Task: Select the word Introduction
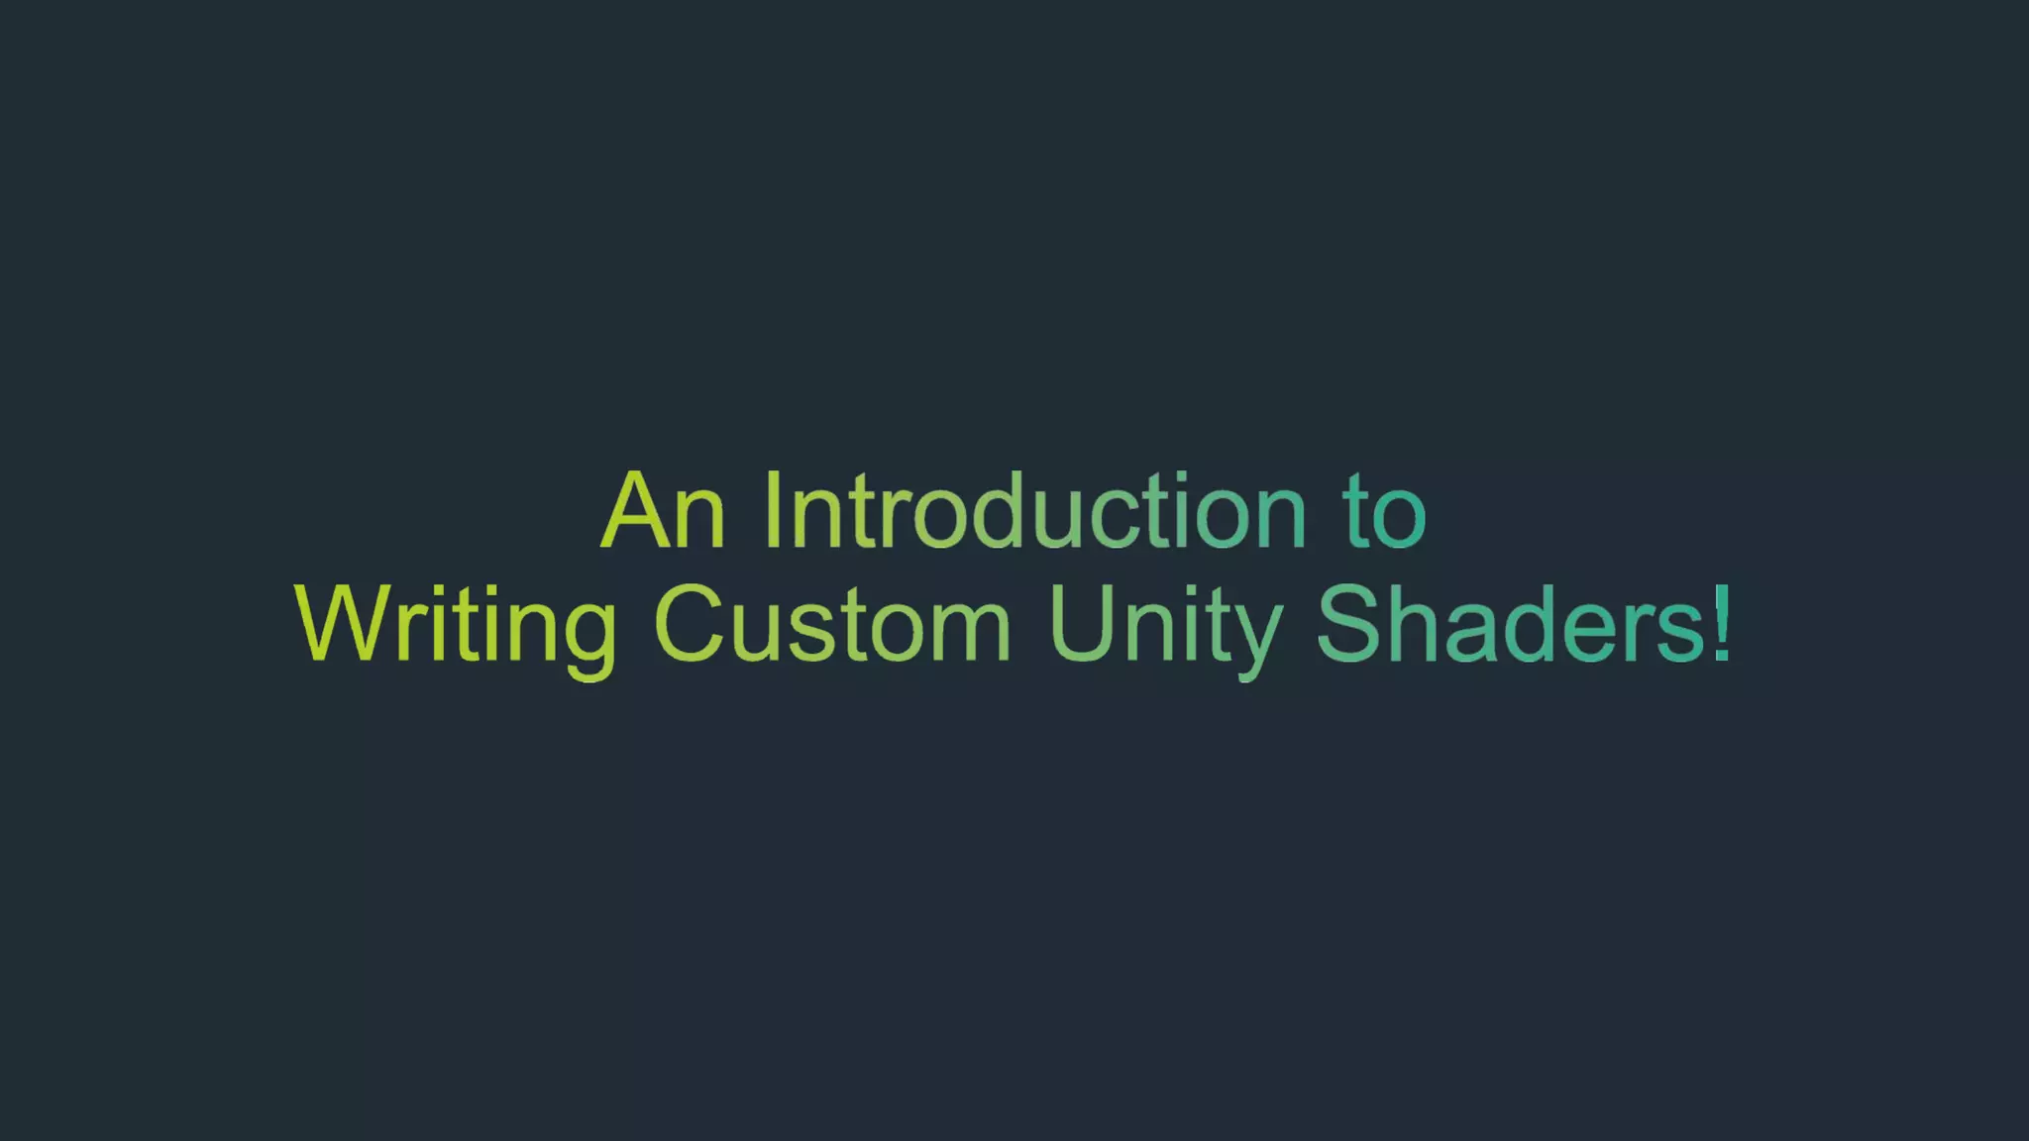(x=1035, y=511)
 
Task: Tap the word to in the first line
(x=1384, y=513)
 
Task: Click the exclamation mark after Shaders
(x=1723, y=622)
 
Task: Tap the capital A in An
(x=635, y=511)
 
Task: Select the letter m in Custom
(x=972, y=634)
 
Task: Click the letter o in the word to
(x=1399, y=521)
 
